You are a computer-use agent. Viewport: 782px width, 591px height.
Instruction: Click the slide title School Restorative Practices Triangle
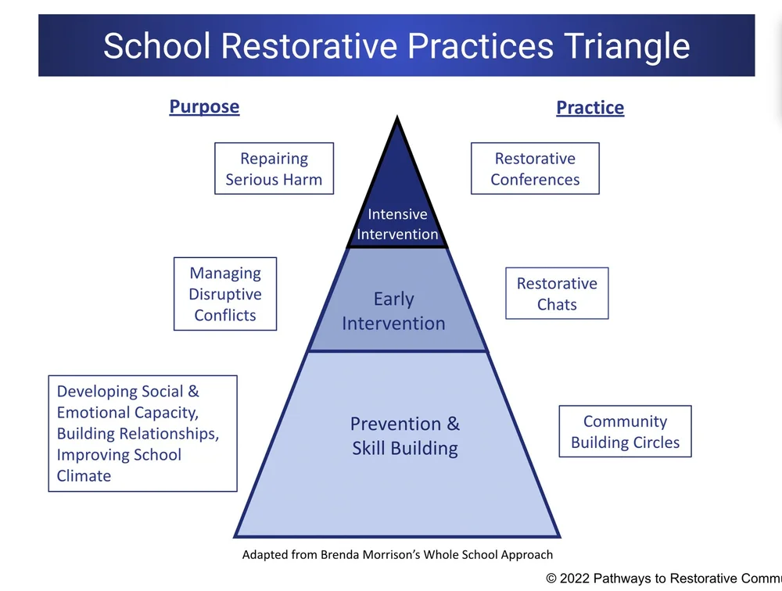pyautogui.click(x=396, y=45)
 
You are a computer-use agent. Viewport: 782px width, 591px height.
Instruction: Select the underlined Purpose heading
pyautogui.click(x=204, y=106)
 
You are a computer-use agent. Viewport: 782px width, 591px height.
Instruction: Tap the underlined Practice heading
pyautogui.click(x=590, y=107)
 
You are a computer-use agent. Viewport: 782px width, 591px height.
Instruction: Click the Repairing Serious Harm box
pyautogui.click(x=274, y=169)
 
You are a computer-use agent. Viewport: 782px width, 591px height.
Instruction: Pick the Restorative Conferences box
pyautogui.click(x=535, y=169)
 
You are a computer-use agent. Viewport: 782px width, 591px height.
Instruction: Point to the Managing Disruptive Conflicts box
pyautogui.click(x=225, y=294)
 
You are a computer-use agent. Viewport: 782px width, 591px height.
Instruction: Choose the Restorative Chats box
pyautogui.click(x=557, y=294)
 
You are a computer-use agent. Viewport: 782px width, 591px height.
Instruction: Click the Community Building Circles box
pyautogui.click(x=625, y=432)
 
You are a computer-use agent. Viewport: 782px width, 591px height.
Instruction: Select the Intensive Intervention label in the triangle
pyautogui.click(x=397, y=224)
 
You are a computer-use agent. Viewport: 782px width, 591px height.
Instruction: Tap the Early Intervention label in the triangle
pyautogui.click(x=393, y=311)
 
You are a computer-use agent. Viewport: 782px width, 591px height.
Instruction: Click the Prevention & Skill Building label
pyautogui.click(x=404, y=435)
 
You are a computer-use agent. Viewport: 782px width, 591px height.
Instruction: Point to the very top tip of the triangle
pyautogui.click(x=397, y=119)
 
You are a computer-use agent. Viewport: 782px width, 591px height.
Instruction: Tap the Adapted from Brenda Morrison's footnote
pyautogui.click(x=397, y=554)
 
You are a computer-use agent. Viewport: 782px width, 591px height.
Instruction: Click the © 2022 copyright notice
pyautogui.click(x=663, y=578)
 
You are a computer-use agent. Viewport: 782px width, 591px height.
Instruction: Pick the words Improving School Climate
pyautogui.click(x=119, y=464)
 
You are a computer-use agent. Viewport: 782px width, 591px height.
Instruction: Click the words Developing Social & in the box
pyautogui.click(x=127, y=391)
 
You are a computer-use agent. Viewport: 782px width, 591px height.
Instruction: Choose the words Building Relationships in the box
pyautogui.click(x=138, y=433)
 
